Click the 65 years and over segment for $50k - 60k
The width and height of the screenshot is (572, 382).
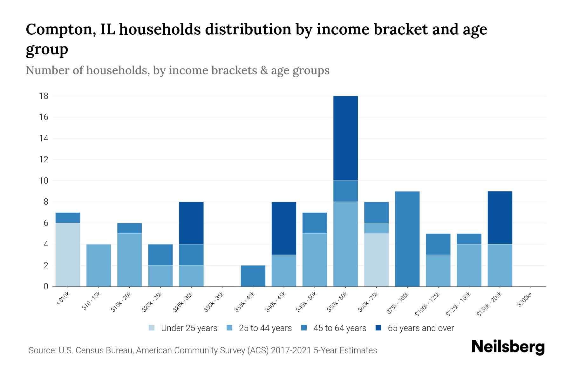(x=345, y=138)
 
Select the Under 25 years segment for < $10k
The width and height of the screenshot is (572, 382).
(x=68, y=255)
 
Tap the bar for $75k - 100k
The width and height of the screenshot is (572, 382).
(x=407, y=239)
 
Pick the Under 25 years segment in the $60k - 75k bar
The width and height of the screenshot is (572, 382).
(x=376, y=260)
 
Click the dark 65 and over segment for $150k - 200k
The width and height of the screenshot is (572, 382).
(x=500, y=217)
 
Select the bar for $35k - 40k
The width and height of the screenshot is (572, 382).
(x=253, y=276)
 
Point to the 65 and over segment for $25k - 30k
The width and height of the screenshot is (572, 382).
(x=191, y=223)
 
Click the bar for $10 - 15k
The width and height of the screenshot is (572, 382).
(x=99, y=265)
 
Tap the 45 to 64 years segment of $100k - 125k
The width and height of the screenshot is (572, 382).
(x=438, y=244)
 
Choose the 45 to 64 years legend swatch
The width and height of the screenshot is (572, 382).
(x=304, y=328)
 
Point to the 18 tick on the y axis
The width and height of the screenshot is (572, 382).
(x=44, y=96)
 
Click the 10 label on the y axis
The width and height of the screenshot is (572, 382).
(x=44, y=180)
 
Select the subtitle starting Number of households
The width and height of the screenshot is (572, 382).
(x=177, y=70)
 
